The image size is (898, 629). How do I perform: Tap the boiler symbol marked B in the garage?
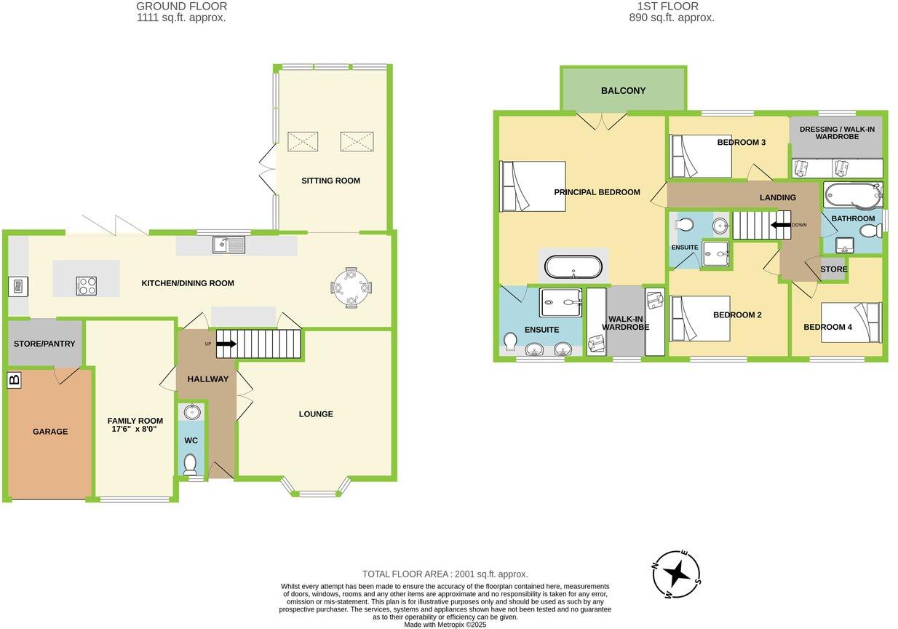[13, 379]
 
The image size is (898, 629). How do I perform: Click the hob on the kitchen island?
[87, 286]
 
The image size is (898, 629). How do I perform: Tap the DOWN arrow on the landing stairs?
[782, 225]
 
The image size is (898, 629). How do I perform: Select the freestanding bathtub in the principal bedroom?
[574, 267]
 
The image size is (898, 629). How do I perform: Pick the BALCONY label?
[623, 91]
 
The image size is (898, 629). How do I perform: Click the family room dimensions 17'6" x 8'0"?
[135, 430]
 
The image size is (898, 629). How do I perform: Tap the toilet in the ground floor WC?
[191, 463]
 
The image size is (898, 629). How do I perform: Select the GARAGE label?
[50, 432]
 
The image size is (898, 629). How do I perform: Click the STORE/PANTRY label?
[44, 344]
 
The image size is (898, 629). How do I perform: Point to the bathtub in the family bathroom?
[852, 196]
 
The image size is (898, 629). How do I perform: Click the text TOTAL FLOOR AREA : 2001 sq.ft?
[445, 574]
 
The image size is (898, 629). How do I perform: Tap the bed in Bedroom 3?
[700, 157]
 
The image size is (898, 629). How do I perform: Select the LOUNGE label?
[316, 414]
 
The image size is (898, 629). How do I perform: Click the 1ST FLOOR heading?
[671, 7]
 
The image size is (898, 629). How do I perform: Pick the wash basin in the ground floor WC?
[191, 412]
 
